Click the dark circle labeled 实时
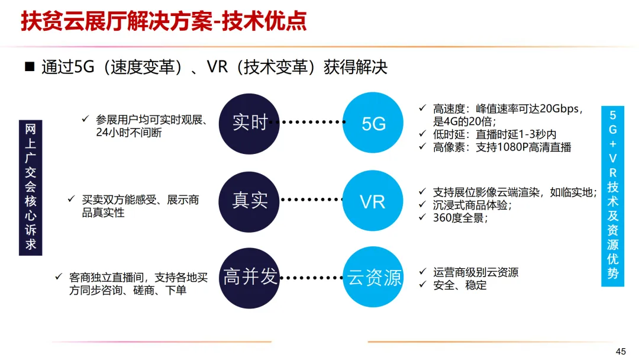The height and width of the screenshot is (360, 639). tap(249, 123)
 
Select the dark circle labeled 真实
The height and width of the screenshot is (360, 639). tap(249, 200)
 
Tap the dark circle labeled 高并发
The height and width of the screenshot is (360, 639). tap(249, 277)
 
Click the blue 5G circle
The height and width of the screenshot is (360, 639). tap(373, 123)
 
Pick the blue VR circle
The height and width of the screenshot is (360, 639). tap(373, 201)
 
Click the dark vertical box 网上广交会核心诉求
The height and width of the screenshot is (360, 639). tap(31, 187)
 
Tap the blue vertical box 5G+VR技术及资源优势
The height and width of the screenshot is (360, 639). tap(612, 195)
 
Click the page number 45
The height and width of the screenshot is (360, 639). tap(621, 352)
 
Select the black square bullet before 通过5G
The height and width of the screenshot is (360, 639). tap(30, 66)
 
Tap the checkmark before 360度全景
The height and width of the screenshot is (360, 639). tap(422, 217)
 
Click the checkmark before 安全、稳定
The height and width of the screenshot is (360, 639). tap(422, 285)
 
